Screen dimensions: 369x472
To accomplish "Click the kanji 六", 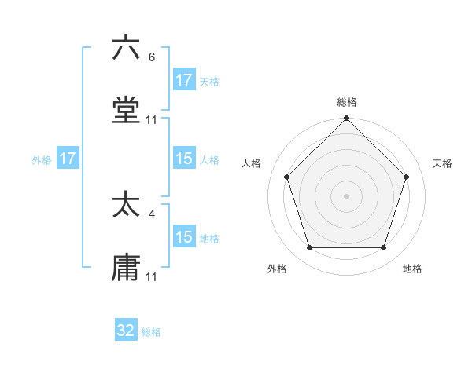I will pos(126,49).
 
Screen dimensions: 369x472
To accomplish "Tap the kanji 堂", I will pos(126,111).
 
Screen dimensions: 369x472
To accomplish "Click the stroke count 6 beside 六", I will pos(152,57).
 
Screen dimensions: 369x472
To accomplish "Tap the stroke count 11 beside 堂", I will pos(152,119).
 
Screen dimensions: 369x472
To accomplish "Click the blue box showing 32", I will pos(126,331).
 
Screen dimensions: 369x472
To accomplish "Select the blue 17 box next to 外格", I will pos(68,159).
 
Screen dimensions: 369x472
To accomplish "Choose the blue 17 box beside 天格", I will pos(183,80).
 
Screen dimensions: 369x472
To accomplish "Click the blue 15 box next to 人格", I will pos(183,159).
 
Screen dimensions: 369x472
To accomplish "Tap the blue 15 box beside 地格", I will pos(183,237).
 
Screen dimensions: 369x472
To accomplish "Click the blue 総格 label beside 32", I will pos(151,332).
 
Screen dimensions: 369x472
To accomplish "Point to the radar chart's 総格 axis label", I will pos(347,102).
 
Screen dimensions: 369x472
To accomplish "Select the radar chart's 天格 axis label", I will pos(443,163).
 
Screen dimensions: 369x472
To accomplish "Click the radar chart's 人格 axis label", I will pos(252,163).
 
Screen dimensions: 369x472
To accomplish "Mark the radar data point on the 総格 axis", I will pos(347,120).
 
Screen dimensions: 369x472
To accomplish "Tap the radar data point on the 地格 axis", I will pos(384,247).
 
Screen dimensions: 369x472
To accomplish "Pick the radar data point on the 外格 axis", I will pos(310,247).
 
